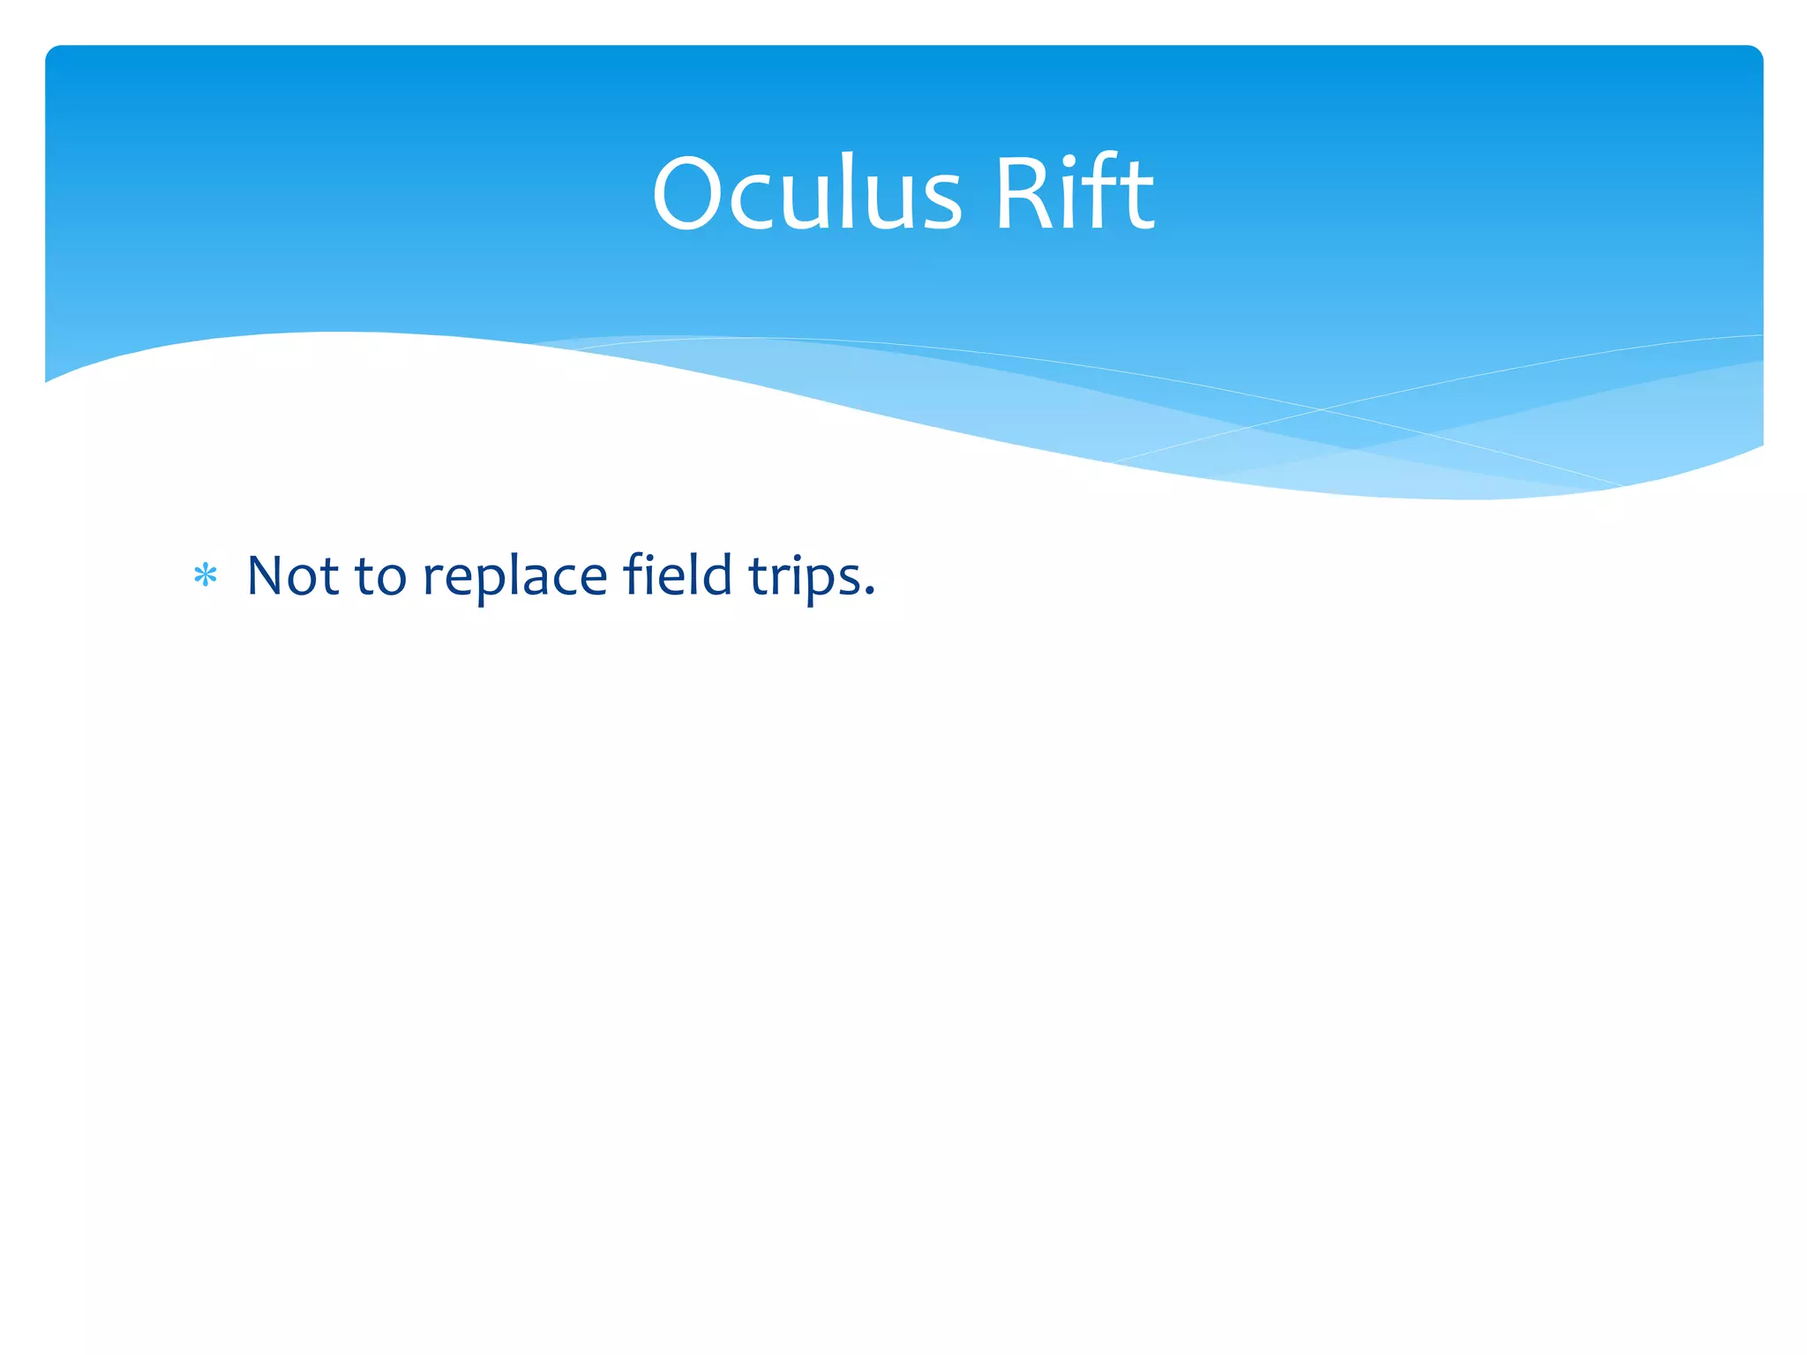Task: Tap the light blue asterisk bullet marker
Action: (205, 576)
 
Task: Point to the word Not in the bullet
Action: (292, 575)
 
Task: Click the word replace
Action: (515, 579)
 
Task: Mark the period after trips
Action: (869, 594)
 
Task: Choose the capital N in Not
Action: (267, 575)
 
